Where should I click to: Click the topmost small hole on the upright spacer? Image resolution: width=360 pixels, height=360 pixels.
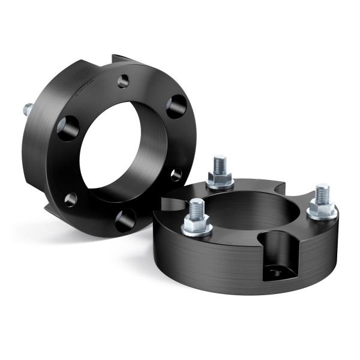pos(123,81)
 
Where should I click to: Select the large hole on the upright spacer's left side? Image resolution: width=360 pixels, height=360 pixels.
pos(68,128)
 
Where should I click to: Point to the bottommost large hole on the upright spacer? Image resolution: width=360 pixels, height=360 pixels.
pos(125,220)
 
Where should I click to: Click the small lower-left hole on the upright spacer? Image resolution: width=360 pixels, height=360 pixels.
pos(71,199)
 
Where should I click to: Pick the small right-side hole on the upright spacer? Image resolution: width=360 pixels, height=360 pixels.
pos(176,175)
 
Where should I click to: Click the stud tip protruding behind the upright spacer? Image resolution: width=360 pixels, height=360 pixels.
pos(28,110)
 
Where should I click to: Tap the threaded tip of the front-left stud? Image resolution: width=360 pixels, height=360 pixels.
pos(196,207)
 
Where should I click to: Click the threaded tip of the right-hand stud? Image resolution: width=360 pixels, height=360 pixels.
pos(322,191)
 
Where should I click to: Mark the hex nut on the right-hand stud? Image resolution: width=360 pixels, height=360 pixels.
pos(322,209)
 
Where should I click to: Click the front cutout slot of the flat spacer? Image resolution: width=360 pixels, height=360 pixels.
pos(277,252)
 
